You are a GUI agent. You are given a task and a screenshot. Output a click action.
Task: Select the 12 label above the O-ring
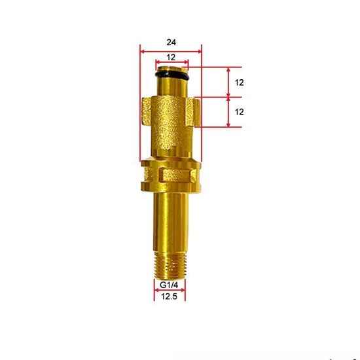click(x=171, y=58)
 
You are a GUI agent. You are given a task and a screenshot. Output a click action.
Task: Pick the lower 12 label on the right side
click(x=239, y=112)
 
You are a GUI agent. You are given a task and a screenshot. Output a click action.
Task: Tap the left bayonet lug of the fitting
click(x=147, y=113)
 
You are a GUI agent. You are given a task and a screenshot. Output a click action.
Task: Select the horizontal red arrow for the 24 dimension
click(x=171, y=48)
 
